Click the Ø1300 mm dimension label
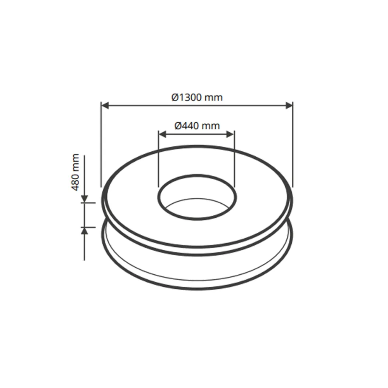(197, 97)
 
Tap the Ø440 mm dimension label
(197, 126)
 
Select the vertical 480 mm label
(75, 172)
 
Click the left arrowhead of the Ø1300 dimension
(105, 106)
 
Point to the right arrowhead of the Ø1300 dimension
(289, 106)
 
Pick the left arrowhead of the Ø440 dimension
(162, 134)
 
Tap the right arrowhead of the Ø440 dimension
(230, 134)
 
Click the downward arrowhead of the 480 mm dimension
(85, 198)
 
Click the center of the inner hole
(197, 197)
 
